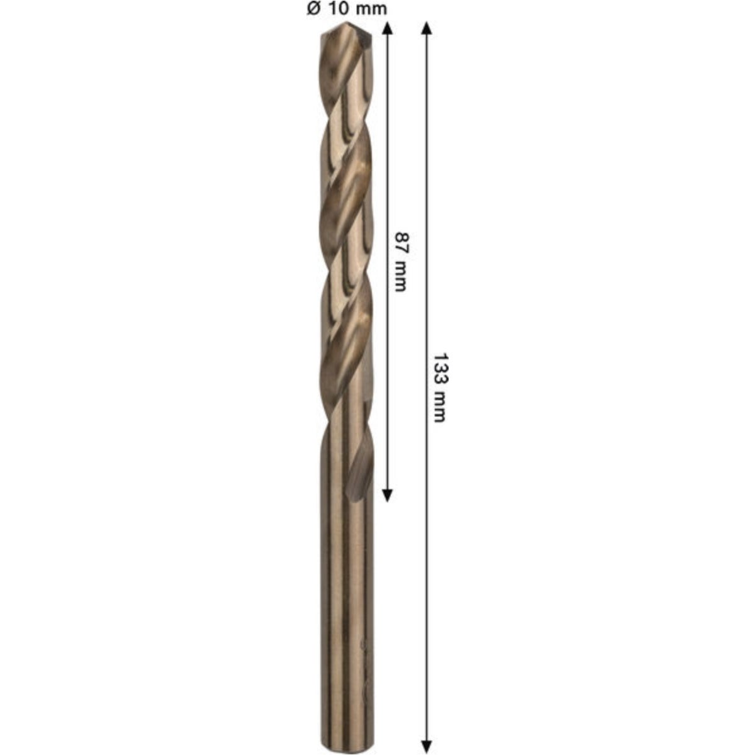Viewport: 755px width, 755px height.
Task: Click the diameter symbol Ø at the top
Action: pos(314,9)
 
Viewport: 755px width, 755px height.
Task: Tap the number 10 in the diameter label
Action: pos(338,9)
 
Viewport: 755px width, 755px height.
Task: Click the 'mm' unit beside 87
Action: pos(400,276)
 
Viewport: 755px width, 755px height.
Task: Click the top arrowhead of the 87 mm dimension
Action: pos(387,29)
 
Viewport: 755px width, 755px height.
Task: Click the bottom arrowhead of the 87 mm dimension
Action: pos(387,495)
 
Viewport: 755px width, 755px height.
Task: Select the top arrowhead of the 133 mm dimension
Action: pos(427,29)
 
